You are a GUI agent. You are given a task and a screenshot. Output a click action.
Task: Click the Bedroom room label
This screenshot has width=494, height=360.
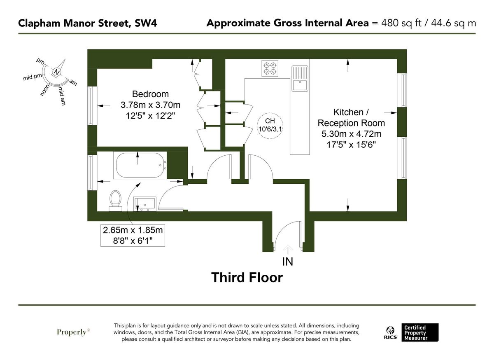[x=150, y=94]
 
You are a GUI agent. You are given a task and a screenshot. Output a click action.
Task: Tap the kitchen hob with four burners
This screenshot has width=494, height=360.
[x=270, y=68]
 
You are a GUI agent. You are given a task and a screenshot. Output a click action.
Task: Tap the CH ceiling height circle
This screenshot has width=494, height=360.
[x=270, y=125]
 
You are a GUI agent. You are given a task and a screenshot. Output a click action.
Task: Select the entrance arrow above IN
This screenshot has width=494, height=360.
[x=288, y=248]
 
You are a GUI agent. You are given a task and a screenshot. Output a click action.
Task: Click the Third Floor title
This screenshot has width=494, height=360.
[x=247, y=278]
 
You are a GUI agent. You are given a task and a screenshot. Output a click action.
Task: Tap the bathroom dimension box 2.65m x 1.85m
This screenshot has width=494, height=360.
[x=133, y=235]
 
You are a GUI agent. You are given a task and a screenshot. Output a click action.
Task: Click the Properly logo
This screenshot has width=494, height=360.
[x=73, y=332]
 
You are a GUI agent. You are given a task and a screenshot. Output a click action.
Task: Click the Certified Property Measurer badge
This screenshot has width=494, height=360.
[x=420, y=332]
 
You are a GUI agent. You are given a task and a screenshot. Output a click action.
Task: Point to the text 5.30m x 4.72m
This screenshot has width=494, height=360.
[x=351, y=134]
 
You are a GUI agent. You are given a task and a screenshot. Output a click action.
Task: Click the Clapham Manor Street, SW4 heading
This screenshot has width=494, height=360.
[x=87, y=23]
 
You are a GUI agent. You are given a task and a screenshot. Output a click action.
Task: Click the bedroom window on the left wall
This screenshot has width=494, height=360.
[x=92, y=105]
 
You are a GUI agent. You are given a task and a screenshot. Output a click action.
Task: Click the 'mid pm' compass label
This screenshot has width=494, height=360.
[x=32, y=77]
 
